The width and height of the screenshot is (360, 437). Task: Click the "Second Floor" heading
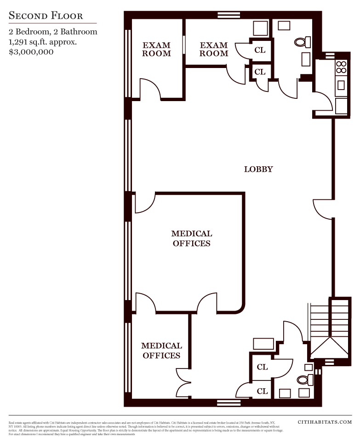coord(46,16)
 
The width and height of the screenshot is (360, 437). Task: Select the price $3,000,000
coord(31,52)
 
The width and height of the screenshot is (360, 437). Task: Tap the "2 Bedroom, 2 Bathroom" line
coord(53,32)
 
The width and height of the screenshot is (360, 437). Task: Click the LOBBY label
coord(258,169)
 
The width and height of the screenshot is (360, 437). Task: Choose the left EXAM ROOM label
coord(156,49)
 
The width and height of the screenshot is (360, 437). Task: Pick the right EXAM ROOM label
coord(214,49)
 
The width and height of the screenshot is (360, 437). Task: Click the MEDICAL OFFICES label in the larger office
coord(192,238)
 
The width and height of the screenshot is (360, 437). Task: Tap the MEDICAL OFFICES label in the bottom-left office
coord(161,351)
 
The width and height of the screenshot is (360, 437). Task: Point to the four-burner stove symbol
coord(341,67)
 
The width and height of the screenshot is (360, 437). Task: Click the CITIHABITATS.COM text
coord(325,422)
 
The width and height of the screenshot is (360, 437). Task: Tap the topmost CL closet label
coord(260,50)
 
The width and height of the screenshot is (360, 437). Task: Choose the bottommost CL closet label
coord(262,392)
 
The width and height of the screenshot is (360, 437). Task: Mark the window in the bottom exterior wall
coord(229,403)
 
